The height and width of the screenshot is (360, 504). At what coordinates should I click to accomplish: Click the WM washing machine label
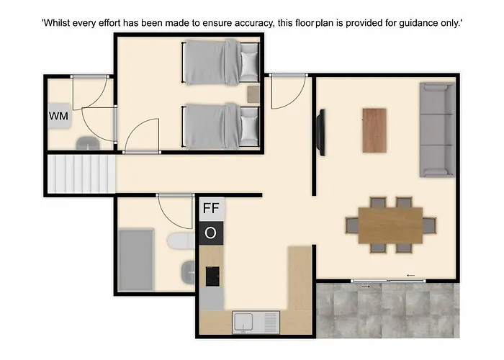click(x=58, y=116)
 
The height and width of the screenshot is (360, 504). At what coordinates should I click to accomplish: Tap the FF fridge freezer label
click(x=211, y=209)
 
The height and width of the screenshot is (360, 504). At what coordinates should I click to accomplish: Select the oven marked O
click(x=211, y=233)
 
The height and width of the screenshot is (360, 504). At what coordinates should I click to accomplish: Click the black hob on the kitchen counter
click(x=212, y=276)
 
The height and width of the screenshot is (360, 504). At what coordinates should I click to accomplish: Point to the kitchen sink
click(x=256, y=322)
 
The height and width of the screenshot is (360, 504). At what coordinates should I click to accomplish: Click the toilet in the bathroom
click(x=181, y=241)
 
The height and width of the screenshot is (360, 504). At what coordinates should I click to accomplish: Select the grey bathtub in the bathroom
click(x=136, y=260)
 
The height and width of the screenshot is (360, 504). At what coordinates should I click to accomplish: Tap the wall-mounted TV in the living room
click(x=321, y=132)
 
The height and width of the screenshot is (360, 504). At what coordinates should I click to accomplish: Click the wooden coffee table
click(x=374, y=130)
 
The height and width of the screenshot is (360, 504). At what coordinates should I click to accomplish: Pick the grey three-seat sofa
click(x=438, y=130)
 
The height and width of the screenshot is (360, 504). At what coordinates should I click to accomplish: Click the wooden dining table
click(x=390, y=225)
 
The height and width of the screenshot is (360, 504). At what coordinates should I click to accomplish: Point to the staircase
click(x=81, y=174)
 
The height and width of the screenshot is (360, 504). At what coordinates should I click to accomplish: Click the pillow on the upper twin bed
click(x=249, y=63)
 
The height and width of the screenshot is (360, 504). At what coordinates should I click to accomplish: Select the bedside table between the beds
click(x=253, y=94)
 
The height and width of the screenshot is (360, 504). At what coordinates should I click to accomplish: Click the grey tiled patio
click(x=388, y=310)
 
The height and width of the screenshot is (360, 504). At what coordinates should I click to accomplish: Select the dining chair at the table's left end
click(x=352, y=225)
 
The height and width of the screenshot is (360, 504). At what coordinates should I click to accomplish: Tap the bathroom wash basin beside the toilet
click(x=188, y=272)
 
